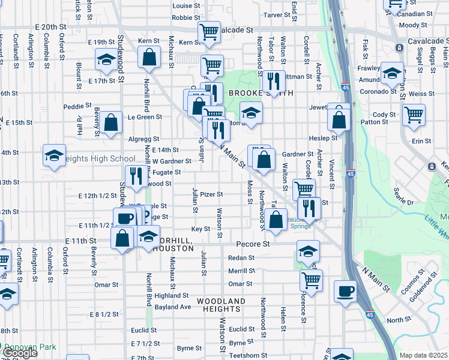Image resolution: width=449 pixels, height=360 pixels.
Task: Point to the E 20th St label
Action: [x=50, y=28]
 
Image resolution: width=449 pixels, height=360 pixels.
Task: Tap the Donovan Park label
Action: [x=28, y=347]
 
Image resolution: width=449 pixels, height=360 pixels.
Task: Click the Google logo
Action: [x=19, y=353]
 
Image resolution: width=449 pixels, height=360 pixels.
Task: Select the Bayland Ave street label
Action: [x=173, y=307]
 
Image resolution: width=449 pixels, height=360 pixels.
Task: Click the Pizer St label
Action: [x=211, y=194]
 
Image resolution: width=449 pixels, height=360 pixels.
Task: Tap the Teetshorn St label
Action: [x=247, y=355]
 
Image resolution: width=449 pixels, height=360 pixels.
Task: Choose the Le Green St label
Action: [x=142, y=118]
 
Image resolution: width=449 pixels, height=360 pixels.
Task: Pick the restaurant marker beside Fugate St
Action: [x=137, y=176]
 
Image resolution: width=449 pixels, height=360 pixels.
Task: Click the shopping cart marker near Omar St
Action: [x=311, y=279]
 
